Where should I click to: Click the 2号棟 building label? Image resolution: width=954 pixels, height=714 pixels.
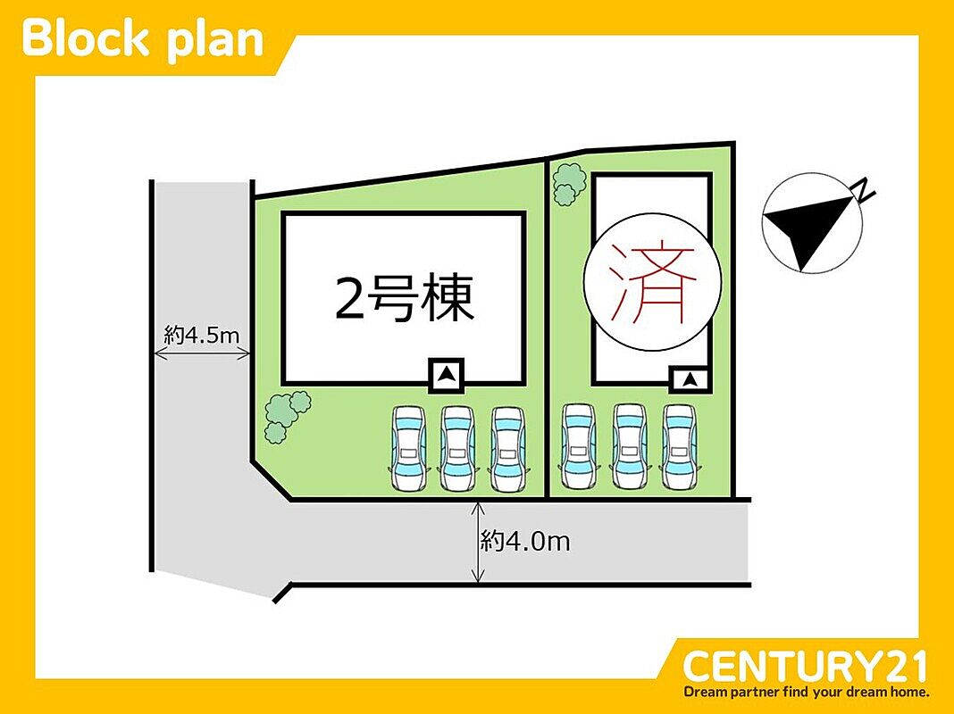coord(404,298)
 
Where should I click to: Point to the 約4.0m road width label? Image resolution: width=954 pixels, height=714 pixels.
coord(525,540)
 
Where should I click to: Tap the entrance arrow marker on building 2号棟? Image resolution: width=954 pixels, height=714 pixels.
coord(447,376)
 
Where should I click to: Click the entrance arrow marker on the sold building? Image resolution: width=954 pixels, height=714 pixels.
coord(690,380)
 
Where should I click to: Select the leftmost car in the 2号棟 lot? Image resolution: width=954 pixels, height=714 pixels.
coord(407,448)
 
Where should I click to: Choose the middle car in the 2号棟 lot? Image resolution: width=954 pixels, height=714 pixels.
coord(457,448)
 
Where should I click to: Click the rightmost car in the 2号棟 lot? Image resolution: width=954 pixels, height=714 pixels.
coord(508,448)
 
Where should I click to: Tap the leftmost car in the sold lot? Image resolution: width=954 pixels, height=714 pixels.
coord(578,446)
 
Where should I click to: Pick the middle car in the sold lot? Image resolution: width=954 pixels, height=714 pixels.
coord(629,446)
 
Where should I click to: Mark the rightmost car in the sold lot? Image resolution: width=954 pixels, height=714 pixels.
coord(680,446)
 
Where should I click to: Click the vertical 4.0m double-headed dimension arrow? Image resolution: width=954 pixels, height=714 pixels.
coord(479,542)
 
